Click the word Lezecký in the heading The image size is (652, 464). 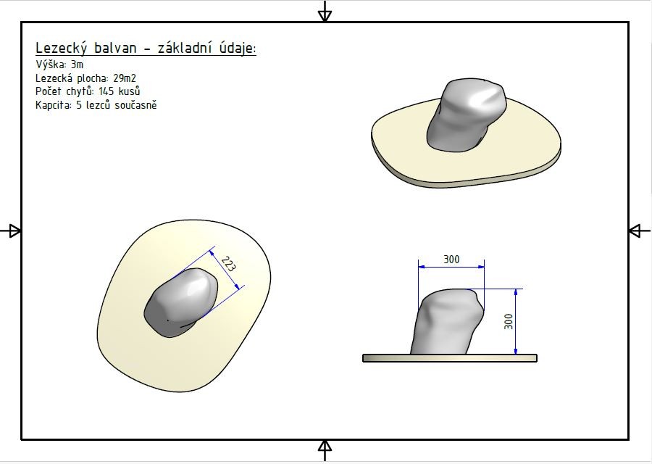[x=61, y=49]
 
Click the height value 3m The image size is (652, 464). [x=77, y=65]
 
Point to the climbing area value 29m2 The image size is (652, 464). [x=125, y=78]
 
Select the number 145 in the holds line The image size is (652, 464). [x=106, y=91]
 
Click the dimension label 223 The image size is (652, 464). [x=228, y=264]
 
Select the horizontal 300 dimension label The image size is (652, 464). [x=451, y=260]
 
